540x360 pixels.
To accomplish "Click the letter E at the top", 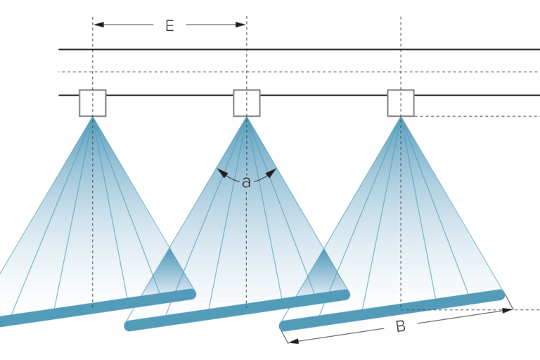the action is [169, 26].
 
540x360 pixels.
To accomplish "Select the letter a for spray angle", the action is [246, 182].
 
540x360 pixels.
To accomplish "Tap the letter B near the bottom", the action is [401, 326].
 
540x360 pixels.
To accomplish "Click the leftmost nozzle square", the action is [93, 103].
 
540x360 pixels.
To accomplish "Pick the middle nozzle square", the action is [247, 103].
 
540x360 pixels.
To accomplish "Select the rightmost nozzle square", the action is [401, 103].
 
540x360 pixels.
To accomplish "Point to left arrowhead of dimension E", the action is [98, 25].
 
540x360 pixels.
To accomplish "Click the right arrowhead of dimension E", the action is [240, 25].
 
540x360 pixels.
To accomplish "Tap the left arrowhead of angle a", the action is [222, 173].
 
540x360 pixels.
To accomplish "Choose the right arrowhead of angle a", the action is [271, 173].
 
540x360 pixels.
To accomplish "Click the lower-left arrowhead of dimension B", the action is [293, 341].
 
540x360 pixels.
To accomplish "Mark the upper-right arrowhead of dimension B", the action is [507, 310].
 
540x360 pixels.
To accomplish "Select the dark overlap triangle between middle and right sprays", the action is [323, 271].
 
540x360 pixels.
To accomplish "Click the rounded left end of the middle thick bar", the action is [129, 326].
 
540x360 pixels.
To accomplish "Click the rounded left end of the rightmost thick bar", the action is [284, 326].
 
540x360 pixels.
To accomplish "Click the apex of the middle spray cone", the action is [247, 117].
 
